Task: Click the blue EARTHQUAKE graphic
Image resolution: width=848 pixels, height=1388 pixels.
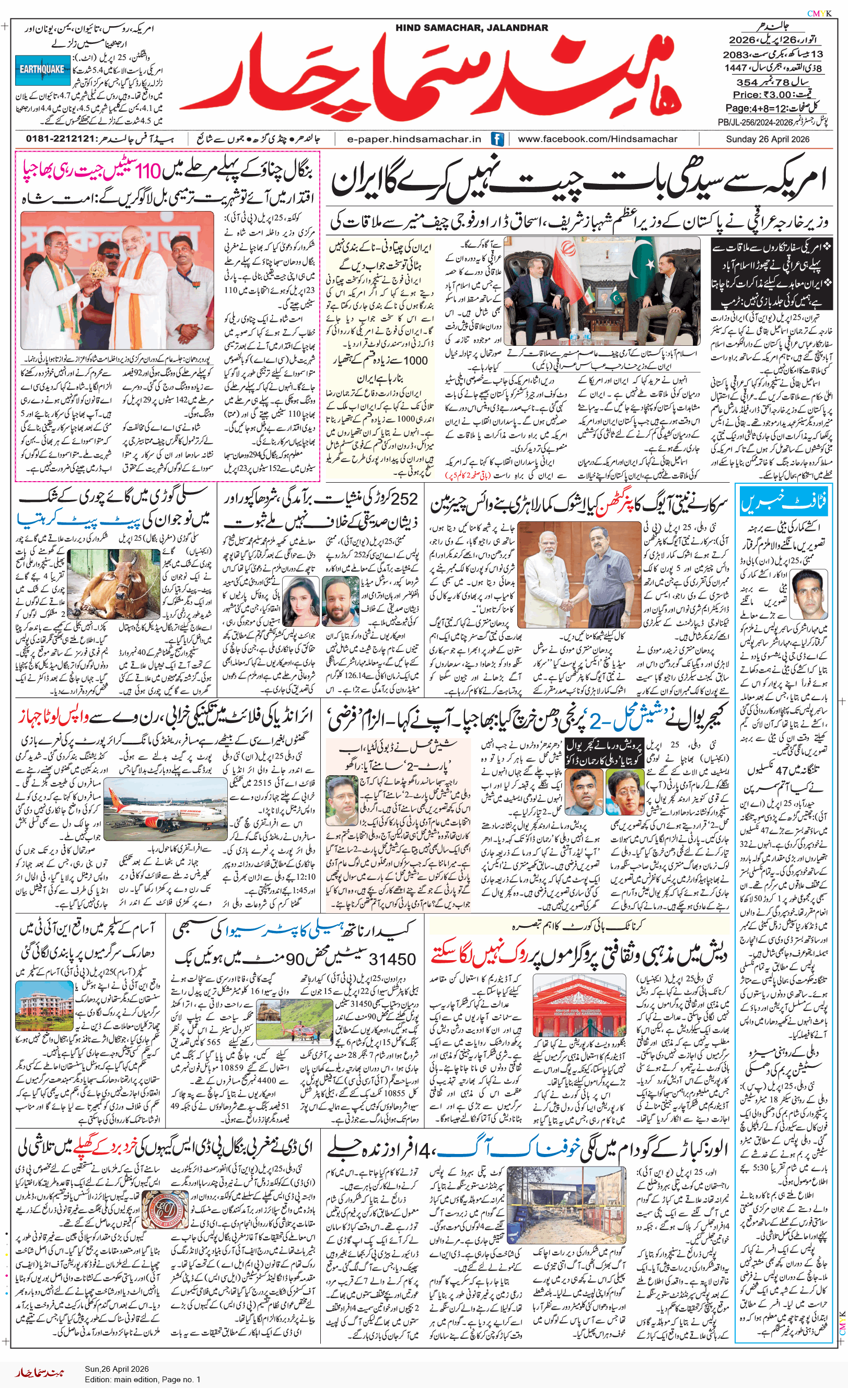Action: point(42,70)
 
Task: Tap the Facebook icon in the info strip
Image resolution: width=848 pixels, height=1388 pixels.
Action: point(497,139)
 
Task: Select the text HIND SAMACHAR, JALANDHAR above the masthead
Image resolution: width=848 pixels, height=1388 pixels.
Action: point(471,28)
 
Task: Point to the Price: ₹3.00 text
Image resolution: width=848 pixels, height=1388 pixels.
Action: point(762,95)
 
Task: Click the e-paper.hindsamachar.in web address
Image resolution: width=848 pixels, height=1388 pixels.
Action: point(414,139)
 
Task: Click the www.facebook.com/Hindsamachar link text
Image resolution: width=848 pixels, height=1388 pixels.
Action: point(597,139)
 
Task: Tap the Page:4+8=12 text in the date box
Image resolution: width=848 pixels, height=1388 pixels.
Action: point(762,108)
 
